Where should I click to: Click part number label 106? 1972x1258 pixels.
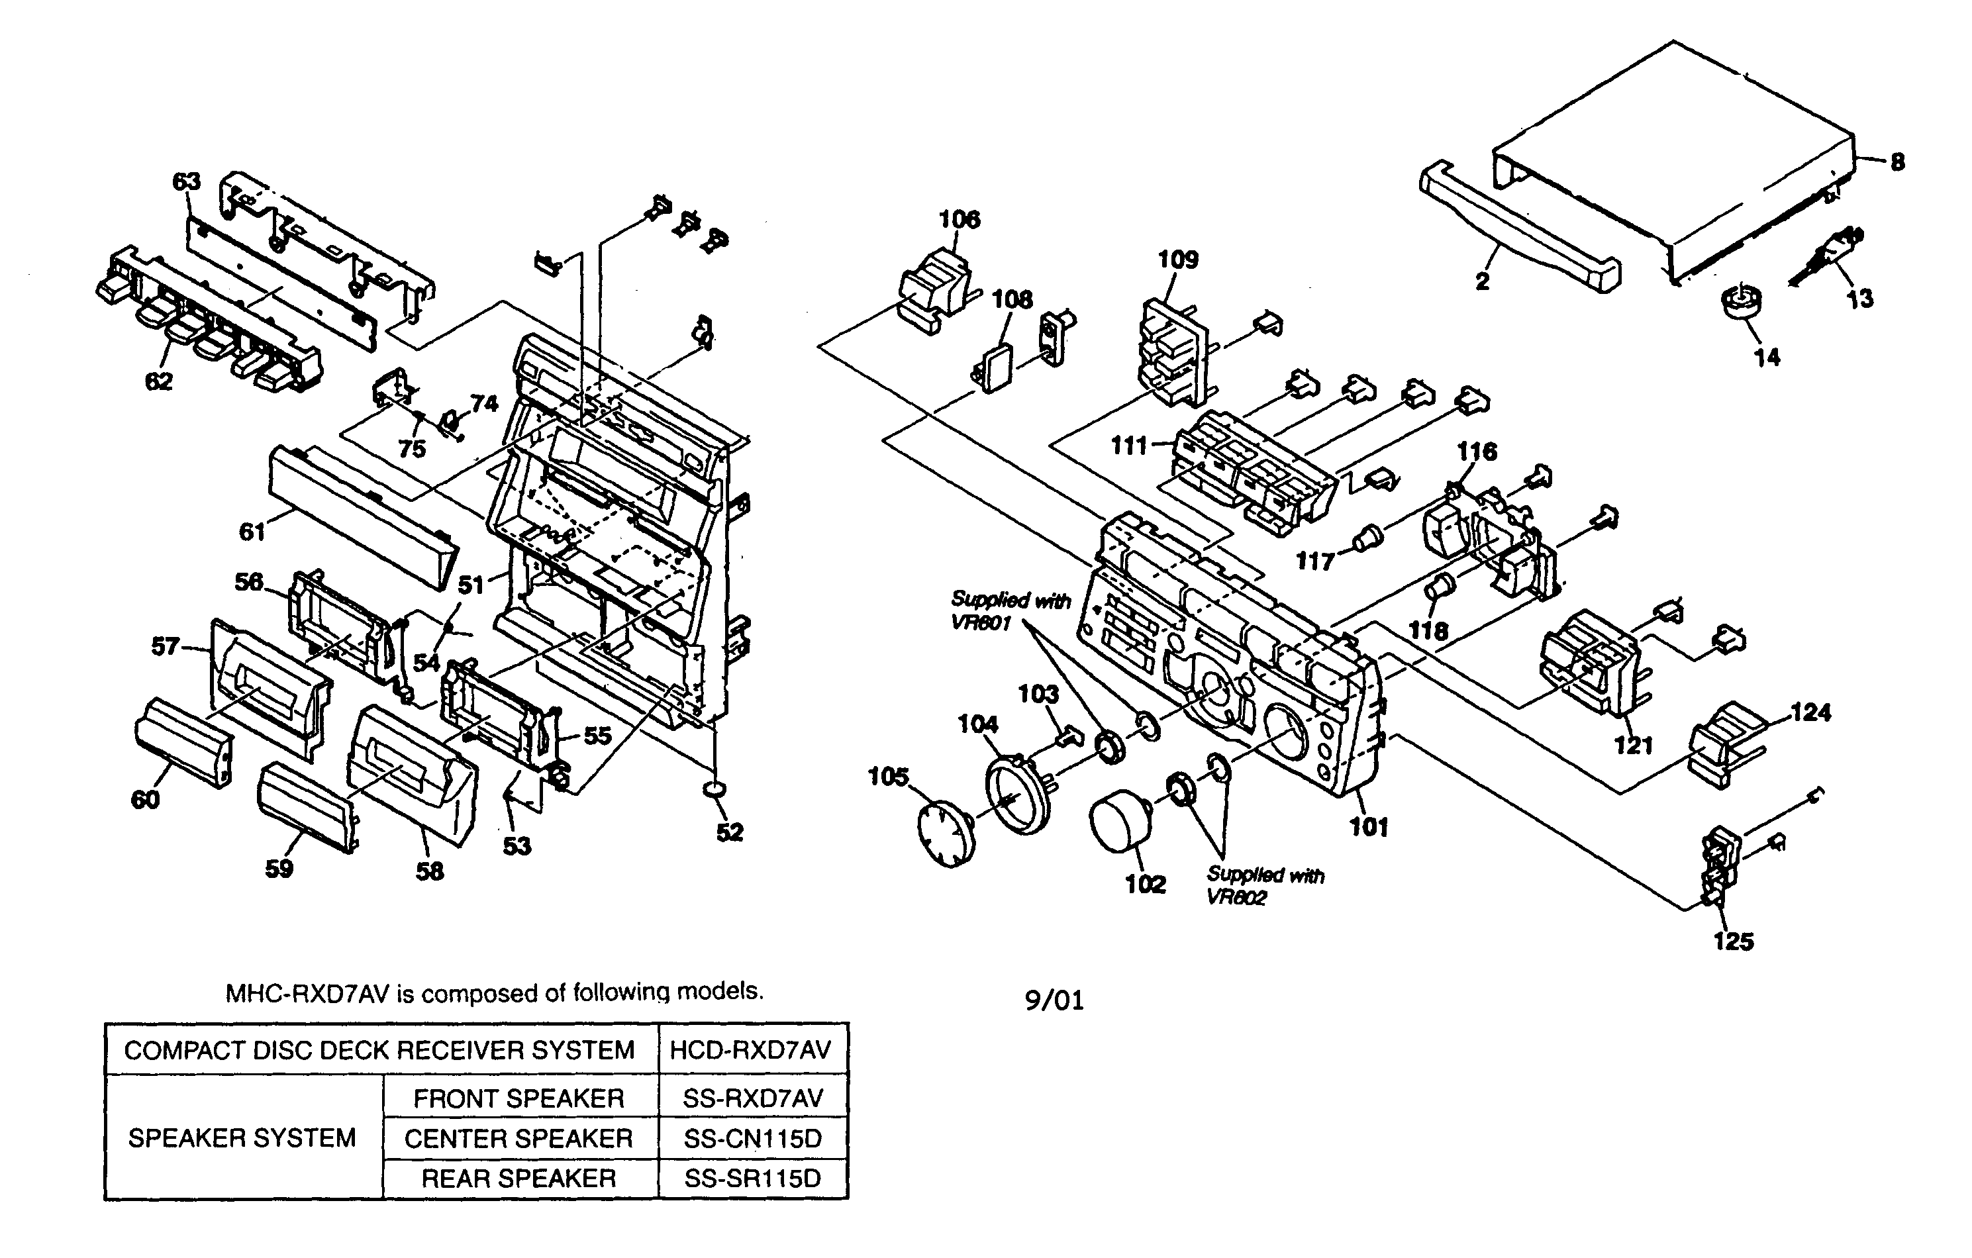[x=959, y=220]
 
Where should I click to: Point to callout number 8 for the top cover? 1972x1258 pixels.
[x=1897, y=162]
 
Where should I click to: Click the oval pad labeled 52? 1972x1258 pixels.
[x=713, y=789]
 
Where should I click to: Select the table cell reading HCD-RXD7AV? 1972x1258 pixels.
[x=751, y=1050]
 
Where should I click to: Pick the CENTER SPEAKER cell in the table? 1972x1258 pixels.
[x=519, y=1138]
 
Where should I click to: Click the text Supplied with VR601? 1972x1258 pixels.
[x=1010, y=611]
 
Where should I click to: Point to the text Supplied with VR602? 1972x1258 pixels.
[x=1263, y=886]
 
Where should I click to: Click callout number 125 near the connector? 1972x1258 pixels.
[x=1733, y=941]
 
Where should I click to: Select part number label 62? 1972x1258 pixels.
[x=159, y=381]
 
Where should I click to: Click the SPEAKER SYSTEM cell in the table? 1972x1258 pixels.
[x=242, y=1138]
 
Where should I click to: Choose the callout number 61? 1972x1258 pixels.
[x=252, y=532]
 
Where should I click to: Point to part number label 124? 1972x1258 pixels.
[x=1810, y=712]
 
